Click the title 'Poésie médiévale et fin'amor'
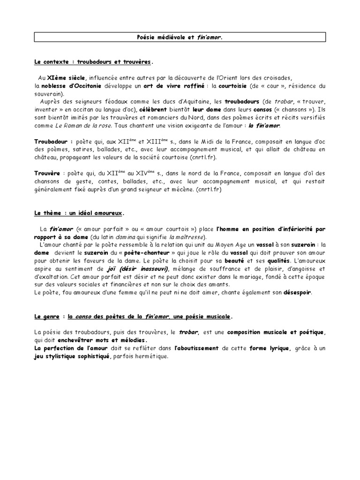pos(180,37)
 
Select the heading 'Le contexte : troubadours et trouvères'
pos(93,62)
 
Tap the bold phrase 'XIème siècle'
pos(67,77)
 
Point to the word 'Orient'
pos(213,77)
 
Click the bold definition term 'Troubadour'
pos(52,142)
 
